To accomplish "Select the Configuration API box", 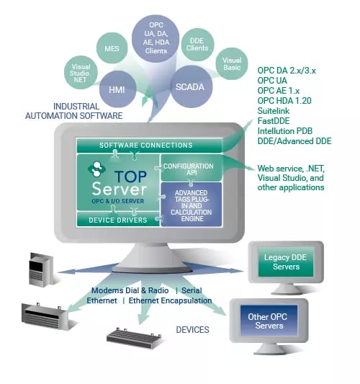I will [188, 171].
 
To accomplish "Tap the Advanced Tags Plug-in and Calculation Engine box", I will [189, 204].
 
